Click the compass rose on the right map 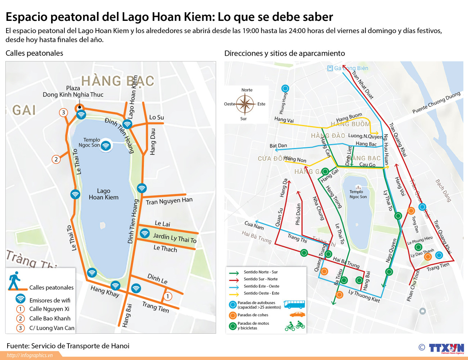tap(245, 104)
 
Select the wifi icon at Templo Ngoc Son tap(105, 146)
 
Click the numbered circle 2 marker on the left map tap(56, 159)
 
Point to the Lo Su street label tap(156, 117)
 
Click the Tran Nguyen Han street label tap(169, 201)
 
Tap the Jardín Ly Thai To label tap(175, 238)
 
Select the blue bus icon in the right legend tap(294, 305)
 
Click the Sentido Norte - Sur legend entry tap(261, 272)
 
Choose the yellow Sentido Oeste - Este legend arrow tap(234, 293)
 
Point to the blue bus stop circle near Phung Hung tap(285, 88)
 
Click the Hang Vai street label tap(284, 119)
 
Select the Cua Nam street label tap(254, 225)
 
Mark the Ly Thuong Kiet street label tap(364, 296)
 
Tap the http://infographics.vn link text tap(30, 355)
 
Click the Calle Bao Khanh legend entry tap(50, 318)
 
